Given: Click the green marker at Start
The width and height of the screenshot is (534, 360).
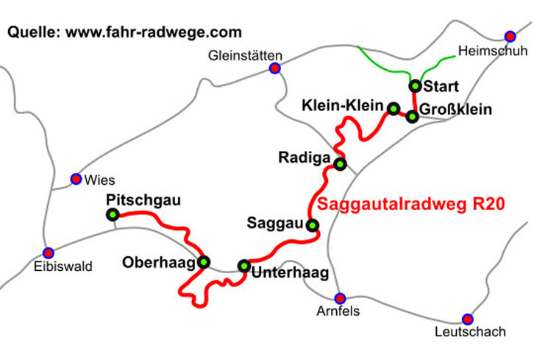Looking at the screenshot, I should (415, 85).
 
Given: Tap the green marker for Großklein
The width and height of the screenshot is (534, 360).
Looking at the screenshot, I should (413, 116).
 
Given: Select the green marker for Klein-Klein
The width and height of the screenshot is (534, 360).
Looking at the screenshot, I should (394, 109).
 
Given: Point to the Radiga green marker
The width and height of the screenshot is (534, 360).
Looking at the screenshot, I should (340, 163).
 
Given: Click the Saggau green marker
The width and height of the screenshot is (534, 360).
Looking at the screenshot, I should (313, 225).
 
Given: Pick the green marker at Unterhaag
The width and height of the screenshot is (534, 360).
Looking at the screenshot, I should (244, 265).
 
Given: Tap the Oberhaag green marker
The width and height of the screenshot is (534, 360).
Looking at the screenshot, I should (204, 261).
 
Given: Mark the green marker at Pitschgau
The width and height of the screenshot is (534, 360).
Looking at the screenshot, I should (113, 215).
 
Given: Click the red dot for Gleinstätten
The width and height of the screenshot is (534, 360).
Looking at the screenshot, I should (274, 68).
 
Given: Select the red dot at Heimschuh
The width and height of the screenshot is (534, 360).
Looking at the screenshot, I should (510, 36).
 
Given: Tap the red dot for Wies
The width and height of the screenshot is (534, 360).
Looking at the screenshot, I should (75, 178).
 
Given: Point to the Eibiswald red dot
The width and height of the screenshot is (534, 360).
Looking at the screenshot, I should (49, 253).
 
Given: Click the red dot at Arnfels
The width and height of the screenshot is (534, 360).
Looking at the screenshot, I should (340, 298).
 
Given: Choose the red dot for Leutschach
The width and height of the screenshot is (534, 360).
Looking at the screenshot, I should (467, 319).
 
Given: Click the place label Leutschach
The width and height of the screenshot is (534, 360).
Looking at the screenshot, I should (469, 332).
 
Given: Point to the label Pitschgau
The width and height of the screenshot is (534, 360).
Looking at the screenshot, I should (143, 200).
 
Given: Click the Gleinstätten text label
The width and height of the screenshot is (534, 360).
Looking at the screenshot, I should (245, 55).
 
